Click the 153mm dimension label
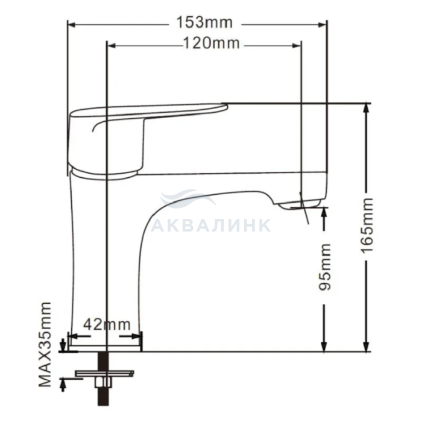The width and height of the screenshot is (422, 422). tap(204, 23)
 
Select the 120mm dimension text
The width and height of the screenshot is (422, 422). tap(211, 43)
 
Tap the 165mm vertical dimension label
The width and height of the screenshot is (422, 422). tap(367, 225)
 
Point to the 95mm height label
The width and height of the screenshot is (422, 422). tap(324, 266)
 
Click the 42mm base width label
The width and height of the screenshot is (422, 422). tap(107, 324)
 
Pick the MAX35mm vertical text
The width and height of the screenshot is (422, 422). tap(45, 344)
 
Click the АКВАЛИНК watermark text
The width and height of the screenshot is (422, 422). tap(211, 225)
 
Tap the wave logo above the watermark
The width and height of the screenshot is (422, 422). tap(188, 198)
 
